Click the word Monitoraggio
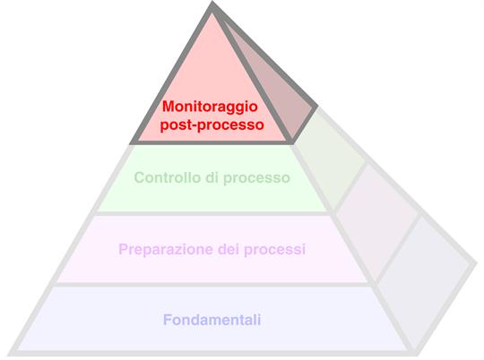tap(210, 107)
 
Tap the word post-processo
tap(212, 125)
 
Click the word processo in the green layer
tap(256, 178)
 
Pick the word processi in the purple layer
tap(275, 249)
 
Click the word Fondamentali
tap(212, 320)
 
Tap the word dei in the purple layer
tap(229, 249)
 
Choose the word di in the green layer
tap(212, 177)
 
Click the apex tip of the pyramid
tap(212, 3)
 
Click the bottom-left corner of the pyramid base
tap(9, 354)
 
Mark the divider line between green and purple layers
tap(212, 213)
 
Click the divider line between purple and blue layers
tap(213, 284)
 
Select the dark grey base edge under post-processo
tap(212, 142)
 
